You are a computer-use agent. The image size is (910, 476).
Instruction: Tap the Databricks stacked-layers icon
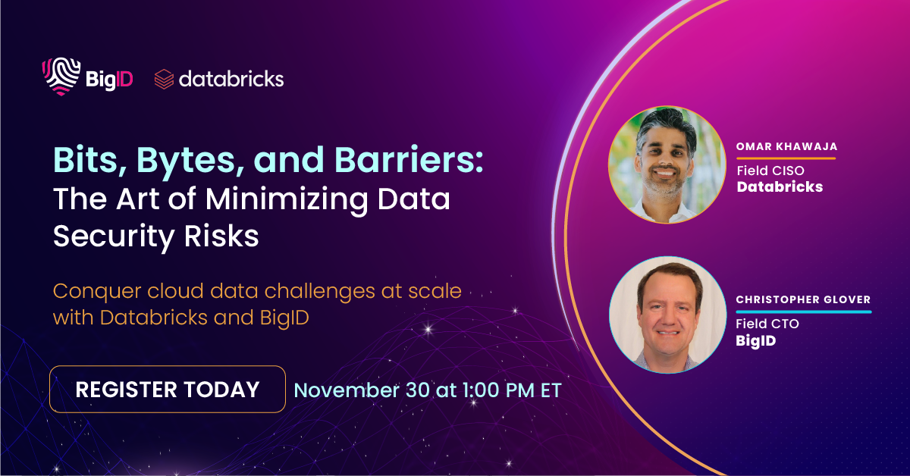click(164, 79)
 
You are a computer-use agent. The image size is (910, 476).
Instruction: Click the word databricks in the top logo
click(231, 79)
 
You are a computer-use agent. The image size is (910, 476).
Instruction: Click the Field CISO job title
click(770, 171)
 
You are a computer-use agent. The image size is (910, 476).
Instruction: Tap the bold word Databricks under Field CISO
click(780, 186)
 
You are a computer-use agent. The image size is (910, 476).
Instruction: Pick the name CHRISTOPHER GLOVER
click(803, 300)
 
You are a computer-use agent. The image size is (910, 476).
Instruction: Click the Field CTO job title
click(767, 324)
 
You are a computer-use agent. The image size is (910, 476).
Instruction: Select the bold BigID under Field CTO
click(756, 340)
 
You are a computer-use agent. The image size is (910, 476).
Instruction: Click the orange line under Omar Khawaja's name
click(786, 158)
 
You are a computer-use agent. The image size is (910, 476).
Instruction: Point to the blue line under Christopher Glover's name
click(803, 312)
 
